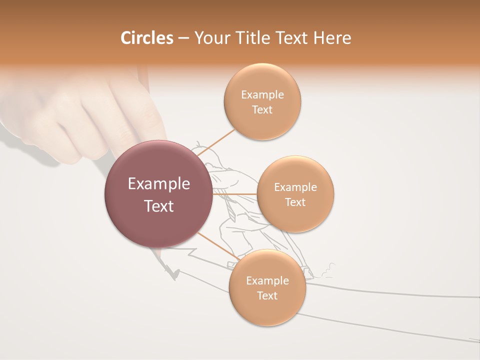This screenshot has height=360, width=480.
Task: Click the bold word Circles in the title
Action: (x=146, y=38)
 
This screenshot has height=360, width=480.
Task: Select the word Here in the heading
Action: (x=332, y=38)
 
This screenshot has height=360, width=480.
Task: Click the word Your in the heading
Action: (x=211, y=38)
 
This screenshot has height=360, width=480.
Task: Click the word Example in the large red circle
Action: (x=159, y=184)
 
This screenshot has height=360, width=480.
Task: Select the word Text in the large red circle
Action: (x=159, y=206)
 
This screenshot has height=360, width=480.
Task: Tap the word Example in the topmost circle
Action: (x=262, y=94)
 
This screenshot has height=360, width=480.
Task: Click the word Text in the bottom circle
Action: (x=267, y=295)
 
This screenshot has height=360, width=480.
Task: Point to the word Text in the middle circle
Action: (x=295, y=202)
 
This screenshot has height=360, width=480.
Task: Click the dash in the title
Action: (x=183, y=38)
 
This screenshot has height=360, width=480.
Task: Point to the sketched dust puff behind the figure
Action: (x=327, y=270)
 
